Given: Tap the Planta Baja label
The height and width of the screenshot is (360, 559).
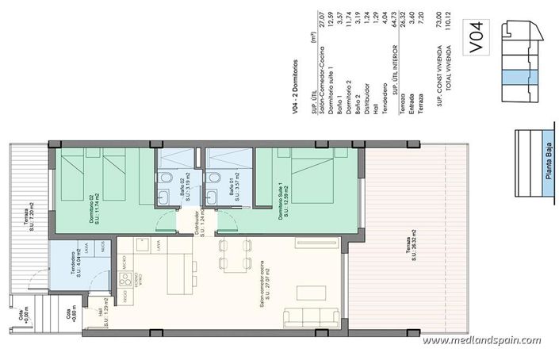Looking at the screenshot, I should (x=549, y=167).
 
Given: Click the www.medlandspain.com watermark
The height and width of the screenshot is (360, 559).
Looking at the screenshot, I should (x=487, y=342).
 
